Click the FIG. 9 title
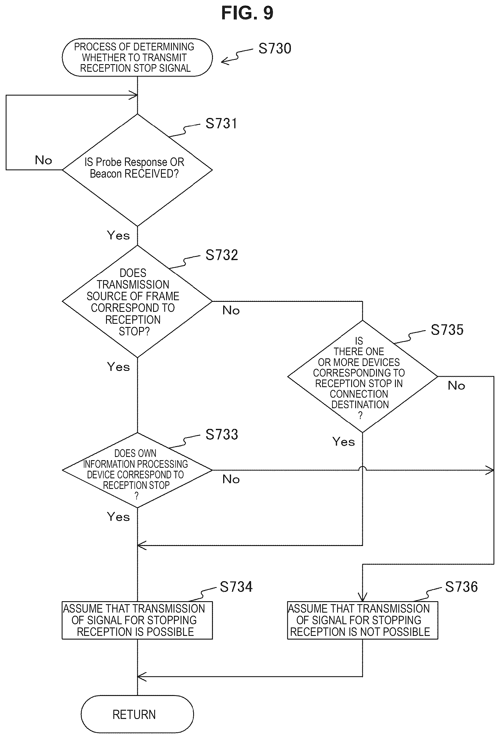[x=247, y=13]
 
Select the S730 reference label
[x=275, y=48]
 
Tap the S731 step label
[x=221, y=123]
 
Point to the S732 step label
[x=222, y=255]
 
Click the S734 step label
[x=236, y=587]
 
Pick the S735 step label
[x=447, y=330]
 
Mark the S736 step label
[x=461, y=587]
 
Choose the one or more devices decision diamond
[x=362, y=377]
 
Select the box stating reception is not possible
[x=362, y=620]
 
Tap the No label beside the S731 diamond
[x=43, y=160]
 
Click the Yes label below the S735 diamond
[x=343, y=442]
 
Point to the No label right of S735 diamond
[x=456, y=385]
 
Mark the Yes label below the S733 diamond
[x=118, y=517]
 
